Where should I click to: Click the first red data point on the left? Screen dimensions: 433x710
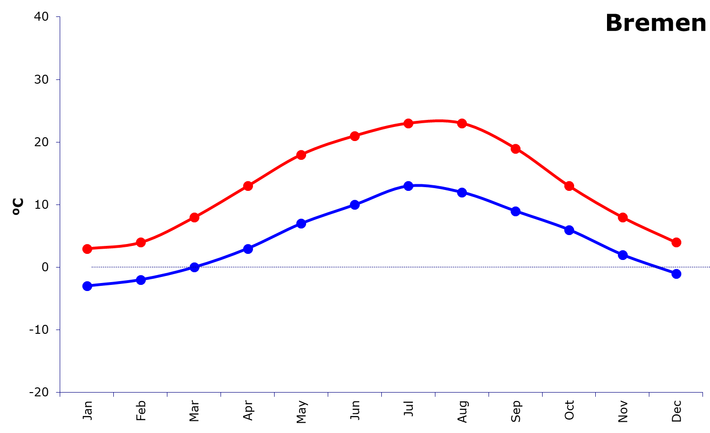[87, 249]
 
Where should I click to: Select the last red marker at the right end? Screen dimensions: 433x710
[676, 242]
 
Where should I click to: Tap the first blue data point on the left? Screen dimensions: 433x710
[87, 286]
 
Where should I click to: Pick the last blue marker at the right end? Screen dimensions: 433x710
[676, 274]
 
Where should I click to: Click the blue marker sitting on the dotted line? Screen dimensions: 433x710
[194, 267]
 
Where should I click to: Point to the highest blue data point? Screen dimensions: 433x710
[408, 186]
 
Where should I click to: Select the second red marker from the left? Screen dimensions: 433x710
[141, 242]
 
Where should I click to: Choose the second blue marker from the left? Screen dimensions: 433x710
[141, 280]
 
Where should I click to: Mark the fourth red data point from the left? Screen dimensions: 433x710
[248, 186]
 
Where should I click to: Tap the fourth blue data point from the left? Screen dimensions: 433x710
[248, 248]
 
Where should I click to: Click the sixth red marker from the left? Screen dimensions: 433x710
[355, 136]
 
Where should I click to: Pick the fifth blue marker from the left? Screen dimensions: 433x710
[301, 223]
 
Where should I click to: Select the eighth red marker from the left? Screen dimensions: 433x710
[462, 123]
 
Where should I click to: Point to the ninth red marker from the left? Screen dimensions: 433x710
[515, 149]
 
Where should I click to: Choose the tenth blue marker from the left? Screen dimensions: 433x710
[569, 230]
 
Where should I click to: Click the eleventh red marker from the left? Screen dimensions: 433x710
[623, 217]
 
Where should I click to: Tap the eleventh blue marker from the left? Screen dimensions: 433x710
[623, 255]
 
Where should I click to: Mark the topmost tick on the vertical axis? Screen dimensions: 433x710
[58, 17]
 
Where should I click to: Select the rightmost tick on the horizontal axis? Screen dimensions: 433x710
[702, 394]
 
